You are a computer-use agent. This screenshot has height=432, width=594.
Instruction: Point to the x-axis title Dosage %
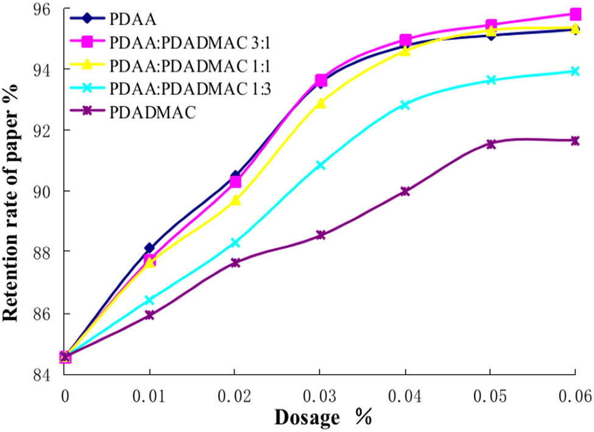[322, 417]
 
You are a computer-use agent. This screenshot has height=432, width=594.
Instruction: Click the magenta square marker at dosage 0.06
[575, 14]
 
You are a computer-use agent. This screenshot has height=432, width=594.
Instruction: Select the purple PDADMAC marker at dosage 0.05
[490, 144]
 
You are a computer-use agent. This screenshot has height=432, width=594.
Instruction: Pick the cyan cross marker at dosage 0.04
[405, 105]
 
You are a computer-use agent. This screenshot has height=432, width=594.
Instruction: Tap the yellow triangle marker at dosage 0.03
[320, 103]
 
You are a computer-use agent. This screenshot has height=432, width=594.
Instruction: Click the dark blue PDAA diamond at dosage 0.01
[149, 248]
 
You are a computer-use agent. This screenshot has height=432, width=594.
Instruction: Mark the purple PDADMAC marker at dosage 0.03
[320, 235]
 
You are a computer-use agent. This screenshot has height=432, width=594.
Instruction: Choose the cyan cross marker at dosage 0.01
[149, 300]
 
